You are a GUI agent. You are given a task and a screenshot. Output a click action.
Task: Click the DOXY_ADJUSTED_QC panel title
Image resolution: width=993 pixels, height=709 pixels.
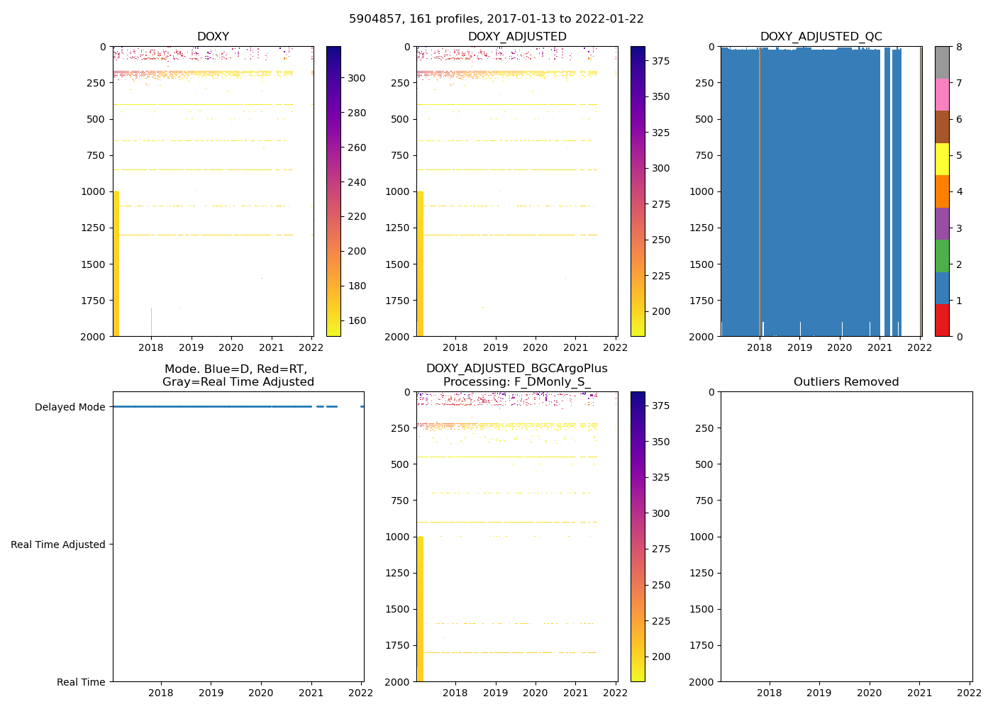pos(821,37)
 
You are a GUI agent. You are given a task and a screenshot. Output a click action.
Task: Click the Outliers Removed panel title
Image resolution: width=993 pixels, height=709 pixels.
pos(846,382)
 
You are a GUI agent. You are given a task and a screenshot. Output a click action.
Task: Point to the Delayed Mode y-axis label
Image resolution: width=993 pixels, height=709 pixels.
pos(70,407)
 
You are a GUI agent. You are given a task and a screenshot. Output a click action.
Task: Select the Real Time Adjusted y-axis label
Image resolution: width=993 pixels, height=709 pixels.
pos(58,545)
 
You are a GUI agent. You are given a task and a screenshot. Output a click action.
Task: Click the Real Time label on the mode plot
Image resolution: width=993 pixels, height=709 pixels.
pos(81,682)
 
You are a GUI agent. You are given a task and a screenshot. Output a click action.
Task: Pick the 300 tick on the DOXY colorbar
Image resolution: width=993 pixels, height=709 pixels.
pos(357,78)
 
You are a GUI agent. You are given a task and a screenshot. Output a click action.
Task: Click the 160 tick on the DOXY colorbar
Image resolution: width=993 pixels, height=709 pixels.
pos(357,320)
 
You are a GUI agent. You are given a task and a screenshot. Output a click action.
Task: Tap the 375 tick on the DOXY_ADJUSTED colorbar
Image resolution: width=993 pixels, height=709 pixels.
pos(660,61)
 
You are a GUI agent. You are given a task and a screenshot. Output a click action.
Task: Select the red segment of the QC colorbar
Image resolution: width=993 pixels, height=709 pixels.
pos(942,320)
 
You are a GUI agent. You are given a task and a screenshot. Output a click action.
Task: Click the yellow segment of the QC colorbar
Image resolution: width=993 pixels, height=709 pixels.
pos(942,159)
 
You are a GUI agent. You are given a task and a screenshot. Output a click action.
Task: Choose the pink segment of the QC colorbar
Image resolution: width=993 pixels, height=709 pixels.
pos(942,94)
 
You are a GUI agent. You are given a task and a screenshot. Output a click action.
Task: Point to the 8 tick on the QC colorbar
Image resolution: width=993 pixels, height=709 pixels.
pos(959,47)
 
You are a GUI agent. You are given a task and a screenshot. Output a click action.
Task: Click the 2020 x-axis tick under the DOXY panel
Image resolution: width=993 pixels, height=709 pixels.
pos(231,347)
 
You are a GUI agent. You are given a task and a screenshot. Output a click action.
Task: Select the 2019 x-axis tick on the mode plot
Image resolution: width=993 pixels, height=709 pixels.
pos(211,693)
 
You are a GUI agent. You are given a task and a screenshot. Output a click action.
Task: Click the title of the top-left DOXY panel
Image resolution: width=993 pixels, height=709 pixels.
pos(213,37)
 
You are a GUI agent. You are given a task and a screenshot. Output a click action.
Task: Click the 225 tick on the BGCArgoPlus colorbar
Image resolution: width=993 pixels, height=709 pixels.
pos(660,621)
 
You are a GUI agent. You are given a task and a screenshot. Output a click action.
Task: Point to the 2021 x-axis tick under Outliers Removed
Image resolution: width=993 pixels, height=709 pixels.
pos(920,693)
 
